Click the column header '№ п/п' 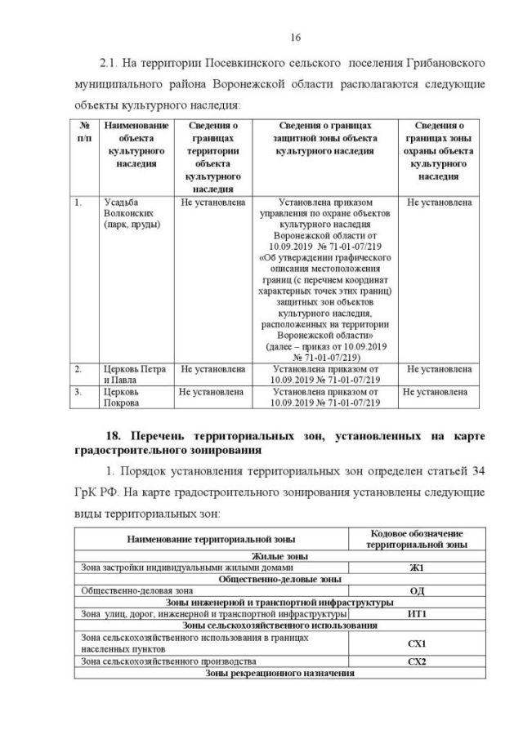tap(84, 133)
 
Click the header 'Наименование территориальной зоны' tap(211, 540)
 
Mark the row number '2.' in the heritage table tap(78, 369)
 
